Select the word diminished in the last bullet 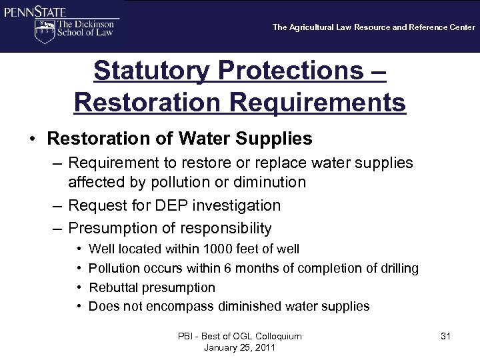click(249, 307)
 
